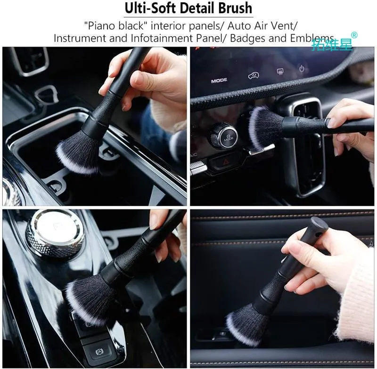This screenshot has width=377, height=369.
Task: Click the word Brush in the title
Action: pos(235,8)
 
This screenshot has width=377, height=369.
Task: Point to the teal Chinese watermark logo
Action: pos(332,45)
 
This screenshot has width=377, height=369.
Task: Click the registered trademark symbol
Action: pos(354,35)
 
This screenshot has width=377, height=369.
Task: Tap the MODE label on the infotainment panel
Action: pos(219,80)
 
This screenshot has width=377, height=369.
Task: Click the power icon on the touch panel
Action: pos(302,68)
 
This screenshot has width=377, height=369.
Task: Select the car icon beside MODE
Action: pos(254,76)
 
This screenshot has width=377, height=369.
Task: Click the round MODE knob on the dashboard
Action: pos(223,136)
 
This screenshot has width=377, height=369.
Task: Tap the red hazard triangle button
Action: pos(225,161)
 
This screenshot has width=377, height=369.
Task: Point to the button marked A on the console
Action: pos(99,352)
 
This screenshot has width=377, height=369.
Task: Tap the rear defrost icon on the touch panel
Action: pos(280,71)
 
